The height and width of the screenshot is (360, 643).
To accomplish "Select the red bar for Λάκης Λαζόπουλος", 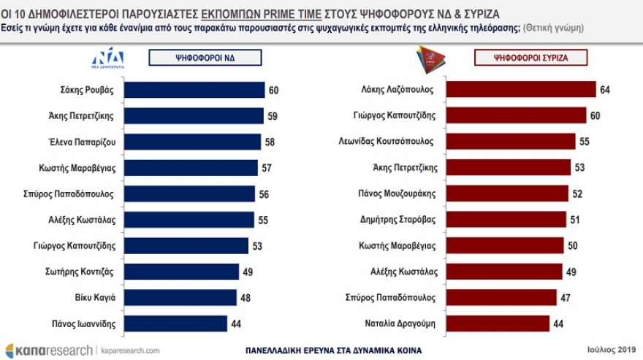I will pyautogui.click(x=521, y=90).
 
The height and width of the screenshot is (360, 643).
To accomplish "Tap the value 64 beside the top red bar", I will pyautogui.click(x=604, y=90).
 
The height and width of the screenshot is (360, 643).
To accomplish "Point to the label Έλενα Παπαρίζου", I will pyautogui.click(x=82, y=142).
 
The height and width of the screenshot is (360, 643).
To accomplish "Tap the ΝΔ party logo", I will pyautogui.click(x=107, y=57).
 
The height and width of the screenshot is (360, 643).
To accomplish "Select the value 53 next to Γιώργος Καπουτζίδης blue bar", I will pyautogui.click(x=257, y=245).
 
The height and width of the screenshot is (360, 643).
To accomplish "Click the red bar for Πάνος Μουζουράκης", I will pyautogui.click(x=507, y=194).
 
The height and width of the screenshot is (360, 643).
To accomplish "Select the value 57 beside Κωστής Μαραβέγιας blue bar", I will pyautogui.click(x=266, y=168).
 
